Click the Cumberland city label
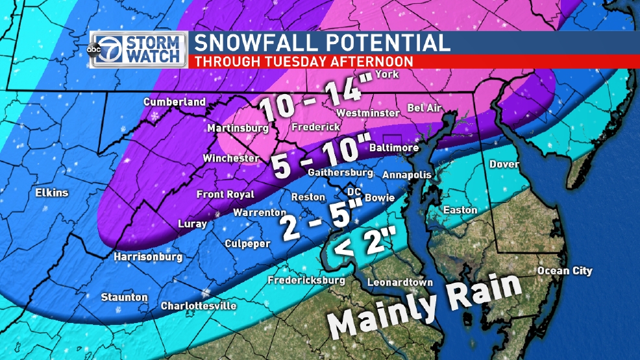pyautogui.click(x=174, y=102)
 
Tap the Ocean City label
pyautogui.click(x=564, y=270)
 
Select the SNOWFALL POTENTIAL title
pyautogui.click(x=322, y=43)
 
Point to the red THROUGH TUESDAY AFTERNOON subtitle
pyautogui.click(x=304, y=62)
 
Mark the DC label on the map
pyautogui.click(x=354, y=192)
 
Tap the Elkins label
pyautogui.click(x=53, y=193)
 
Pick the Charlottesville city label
pyautogui.click(x=199, y=306)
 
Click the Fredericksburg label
pyautogui.click(x=306, y=280)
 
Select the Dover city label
pyautogui.click(x=504, y=164)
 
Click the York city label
pyautogui.click(x=387, y=75)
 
